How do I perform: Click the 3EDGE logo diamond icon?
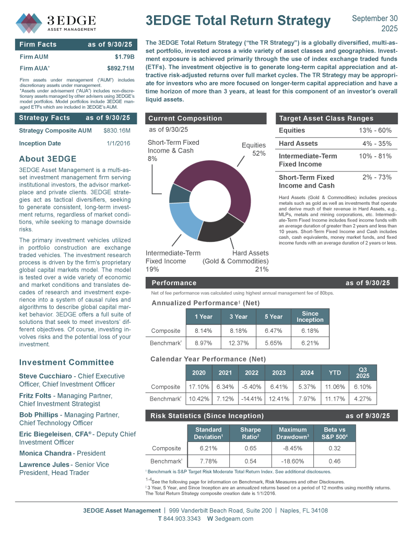29,21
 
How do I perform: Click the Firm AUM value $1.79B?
124,56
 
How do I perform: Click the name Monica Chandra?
44,453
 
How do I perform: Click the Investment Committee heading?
66,362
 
